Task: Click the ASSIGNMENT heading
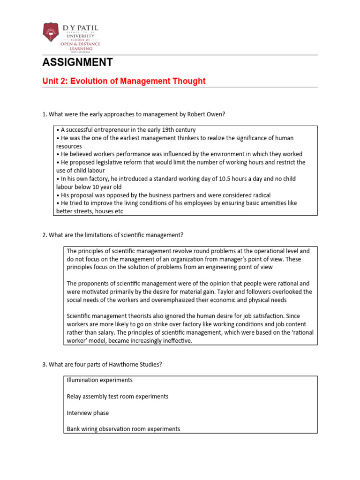pyautogui.click(x=77, y=62)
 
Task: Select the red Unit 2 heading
pyautogui.click(x=124, y=81)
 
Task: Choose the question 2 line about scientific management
pyautogui.click(x=116, y=234)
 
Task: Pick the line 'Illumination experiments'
pyautogui.click(x=99, y=380)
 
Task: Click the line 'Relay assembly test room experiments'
pyautogui.click(x=117, y=397)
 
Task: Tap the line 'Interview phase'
pyautogui.click(x=88, y=413)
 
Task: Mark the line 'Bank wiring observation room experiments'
pyautogui.click(x=123, y=429)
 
